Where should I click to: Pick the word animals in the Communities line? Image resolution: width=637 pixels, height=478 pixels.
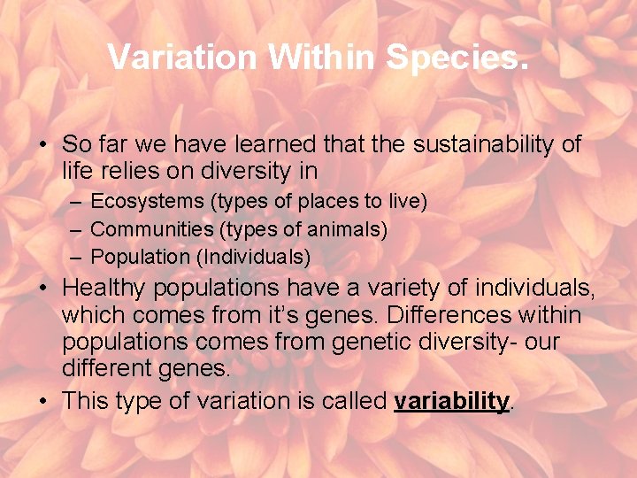[x=346, y=230]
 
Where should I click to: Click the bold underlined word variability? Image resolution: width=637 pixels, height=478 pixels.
[x=452, y=401]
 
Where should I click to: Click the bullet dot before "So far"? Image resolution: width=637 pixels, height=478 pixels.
[x=42, y=145]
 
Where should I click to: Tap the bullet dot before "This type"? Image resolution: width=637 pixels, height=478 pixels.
[x=42, y=401]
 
